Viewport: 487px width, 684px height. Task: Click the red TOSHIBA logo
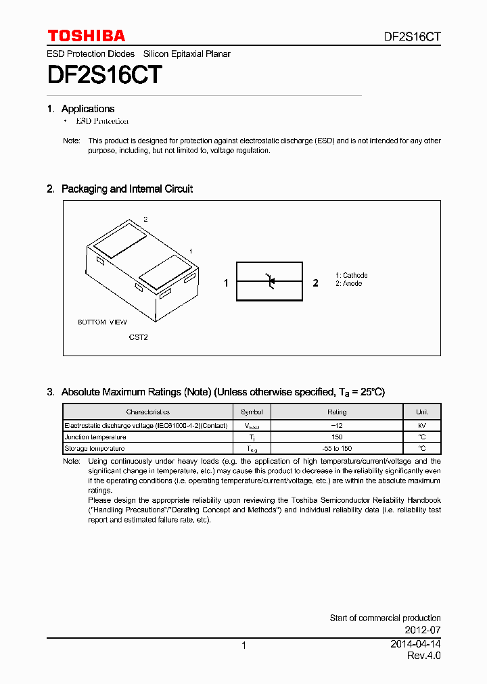(x=86, y=36)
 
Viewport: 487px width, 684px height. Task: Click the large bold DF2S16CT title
(x=104, y=75)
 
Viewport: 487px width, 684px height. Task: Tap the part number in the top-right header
(x=408, y=37)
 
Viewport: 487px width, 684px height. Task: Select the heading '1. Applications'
(x=81, y=109)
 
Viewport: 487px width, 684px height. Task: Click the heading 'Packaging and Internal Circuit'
(x=126, y=189)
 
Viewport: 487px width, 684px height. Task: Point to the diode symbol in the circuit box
(x=269, y=280)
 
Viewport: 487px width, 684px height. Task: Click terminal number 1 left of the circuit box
(x=227, y=283)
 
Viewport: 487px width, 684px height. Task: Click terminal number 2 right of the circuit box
(x=315, y=283)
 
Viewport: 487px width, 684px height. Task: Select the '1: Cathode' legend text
(x=352, y=275)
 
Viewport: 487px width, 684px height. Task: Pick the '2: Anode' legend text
(x=349, y=284)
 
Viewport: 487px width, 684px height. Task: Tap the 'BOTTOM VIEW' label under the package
(x=102, y=322)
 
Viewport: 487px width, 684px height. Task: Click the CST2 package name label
(x=138, y=337)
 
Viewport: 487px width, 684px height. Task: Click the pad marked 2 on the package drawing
(x=119, y=239)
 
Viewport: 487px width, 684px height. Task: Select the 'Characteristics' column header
(x=147, y=412)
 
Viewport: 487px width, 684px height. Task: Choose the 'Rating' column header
(x=337, y=412)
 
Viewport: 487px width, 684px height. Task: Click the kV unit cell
(x=421, y=426)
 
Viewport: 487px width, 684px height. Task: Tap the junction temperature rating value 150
(x=337, y=437)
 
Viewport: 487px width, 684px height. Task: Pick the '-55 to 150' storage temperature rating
(x=337, y=449)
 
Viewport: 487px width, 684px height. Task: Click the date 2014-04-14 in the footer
(x=415, y=644)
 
